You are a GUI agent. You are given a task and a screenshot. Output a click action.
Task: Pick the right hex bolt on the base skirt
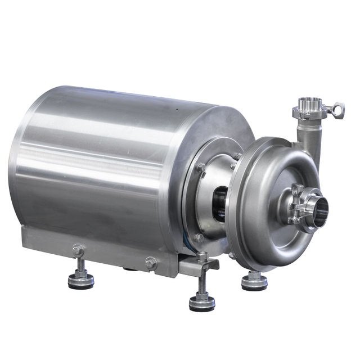151,262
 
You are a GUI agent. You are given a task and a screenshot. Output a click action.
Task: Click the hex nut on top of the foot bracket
202,256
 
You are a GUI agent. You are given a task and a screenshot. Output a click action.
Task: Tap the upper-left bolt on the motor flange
201,167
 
